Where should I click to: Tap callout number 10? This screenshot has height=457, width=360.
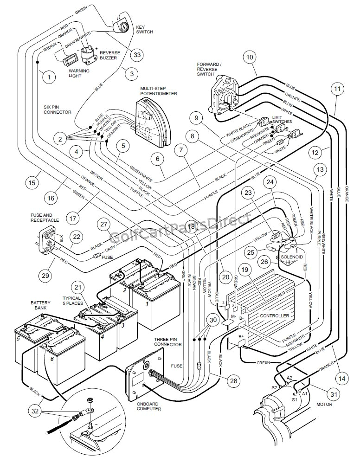coord(250,58)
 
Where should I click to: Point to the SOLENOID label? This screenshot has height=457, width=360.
coord(292,257)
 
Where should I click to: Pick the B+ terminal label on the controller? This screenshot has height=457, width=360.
coord(241,336)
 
